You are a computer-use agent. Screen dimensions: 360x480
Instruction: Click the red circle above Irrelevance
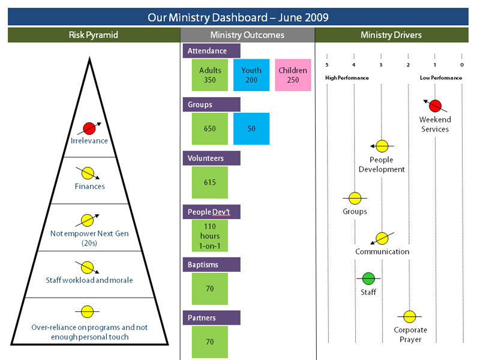click(89, 127)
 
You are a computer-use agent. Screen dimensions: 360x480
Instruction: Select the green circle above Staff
click(368, 278)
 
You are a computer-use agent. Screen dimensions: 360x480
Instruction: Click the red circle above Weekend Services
click(436, 106)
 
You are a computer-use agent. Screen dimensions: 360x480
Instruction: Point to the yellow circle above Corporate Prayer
click(410, 316)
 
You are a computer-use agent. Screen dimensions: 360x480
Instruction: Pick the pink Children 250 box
click(293, 75)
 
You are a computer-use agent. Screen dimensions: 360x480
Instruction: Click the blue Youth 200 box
click(251, 75)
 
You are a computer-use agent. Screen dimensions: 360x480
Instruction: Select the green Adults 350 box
click(209, 75)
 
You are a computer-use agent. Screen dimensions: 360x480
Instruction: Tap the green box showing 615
click(209, 182)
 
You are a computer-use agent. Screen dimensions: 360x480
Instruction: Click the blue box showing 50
click(251, 128)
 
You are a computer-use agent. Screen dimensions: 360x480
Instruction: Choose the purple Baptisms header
click(211, 265)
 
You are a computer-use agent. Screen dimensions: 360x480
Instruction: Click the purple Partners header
click(211, 318)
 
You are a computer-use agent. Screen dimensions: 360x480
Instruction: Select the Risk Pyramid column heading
click(94, 35)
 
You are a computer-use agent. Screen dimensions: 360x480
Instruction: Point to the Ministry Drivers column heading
click(391, 35)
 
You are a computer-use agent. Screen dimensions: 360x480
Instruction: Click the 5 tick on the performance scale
click(327, 65)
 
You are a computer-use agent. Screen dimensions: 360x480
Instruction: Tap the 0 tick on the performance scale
click(462, 65)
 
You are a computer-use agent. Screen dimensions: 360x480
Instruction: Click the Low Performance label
click(441, 78)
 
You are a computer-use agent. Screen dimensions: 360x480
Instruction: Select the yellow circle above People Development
click(382, 146)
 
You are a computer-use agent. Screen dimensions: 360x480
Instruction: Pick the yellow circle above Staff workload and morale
click(88, 266)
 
